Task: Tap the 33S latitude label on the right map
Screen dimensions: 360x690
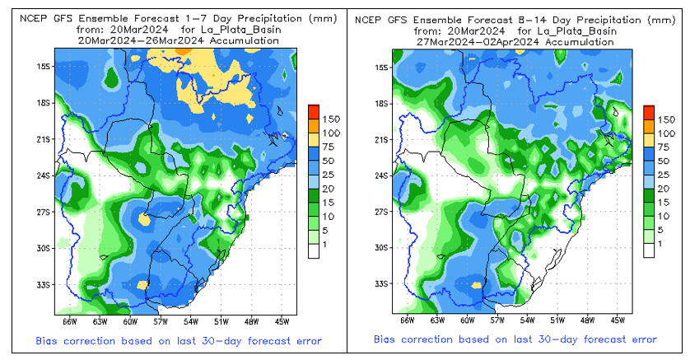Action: [x=381, y=284]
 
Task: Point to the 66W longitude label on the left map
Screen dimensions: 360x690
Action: [x=70, y=320]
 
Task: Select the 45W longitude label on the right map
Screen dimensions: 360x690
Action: [x=618, y=320]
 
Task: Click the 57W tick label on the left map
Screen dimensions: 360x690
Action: [x=160, y=320]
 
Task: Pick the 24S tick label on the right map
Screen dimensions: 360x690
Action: [x=381, y=175]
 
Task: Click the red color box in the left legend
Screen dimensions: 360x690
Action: [x=313, y=111]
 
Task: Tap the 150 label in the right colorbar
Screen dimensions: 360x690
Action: [x=668, y=119]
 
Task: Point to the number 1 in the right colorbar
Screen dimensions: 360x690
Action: [x=660, y=245]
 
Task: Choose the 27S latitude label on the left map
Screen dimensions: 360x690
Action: [x=44, y=212]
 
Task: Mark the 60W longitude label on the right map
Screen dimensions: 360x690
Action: [x=467, y=320]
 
